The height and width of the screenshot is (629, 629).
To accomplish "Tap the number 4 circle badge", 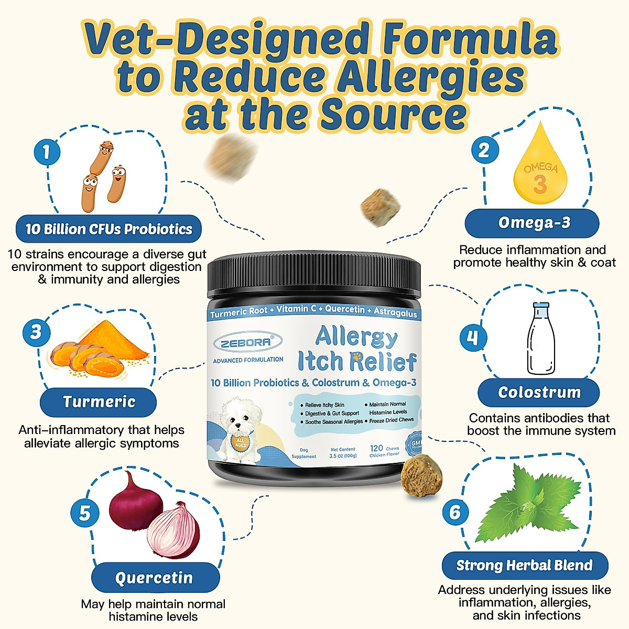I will tap(473, 338).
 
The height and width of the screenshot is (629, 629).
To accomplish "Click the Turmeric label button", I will tap(99, 402).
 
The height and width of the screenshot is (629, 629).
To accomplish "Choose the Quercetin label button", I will tap(155, 578).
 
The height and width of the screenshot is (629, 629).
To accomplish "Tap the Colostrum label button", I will tap(539, 393).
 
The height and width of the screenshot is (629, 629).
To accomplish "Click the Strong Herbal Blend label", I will tap(524, 566).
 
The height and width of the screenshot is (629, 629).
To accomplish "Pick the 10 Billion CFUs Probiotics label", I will tap(109, 229).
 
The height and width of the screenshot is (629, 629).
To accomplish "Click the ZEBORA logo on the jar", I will tap(245, 342).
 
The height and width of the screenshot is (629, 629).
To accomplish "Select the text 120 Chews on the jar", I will tap(384, 448).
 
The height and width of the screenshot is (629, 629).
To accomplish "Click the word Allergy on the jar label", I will tap(356, 337).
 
